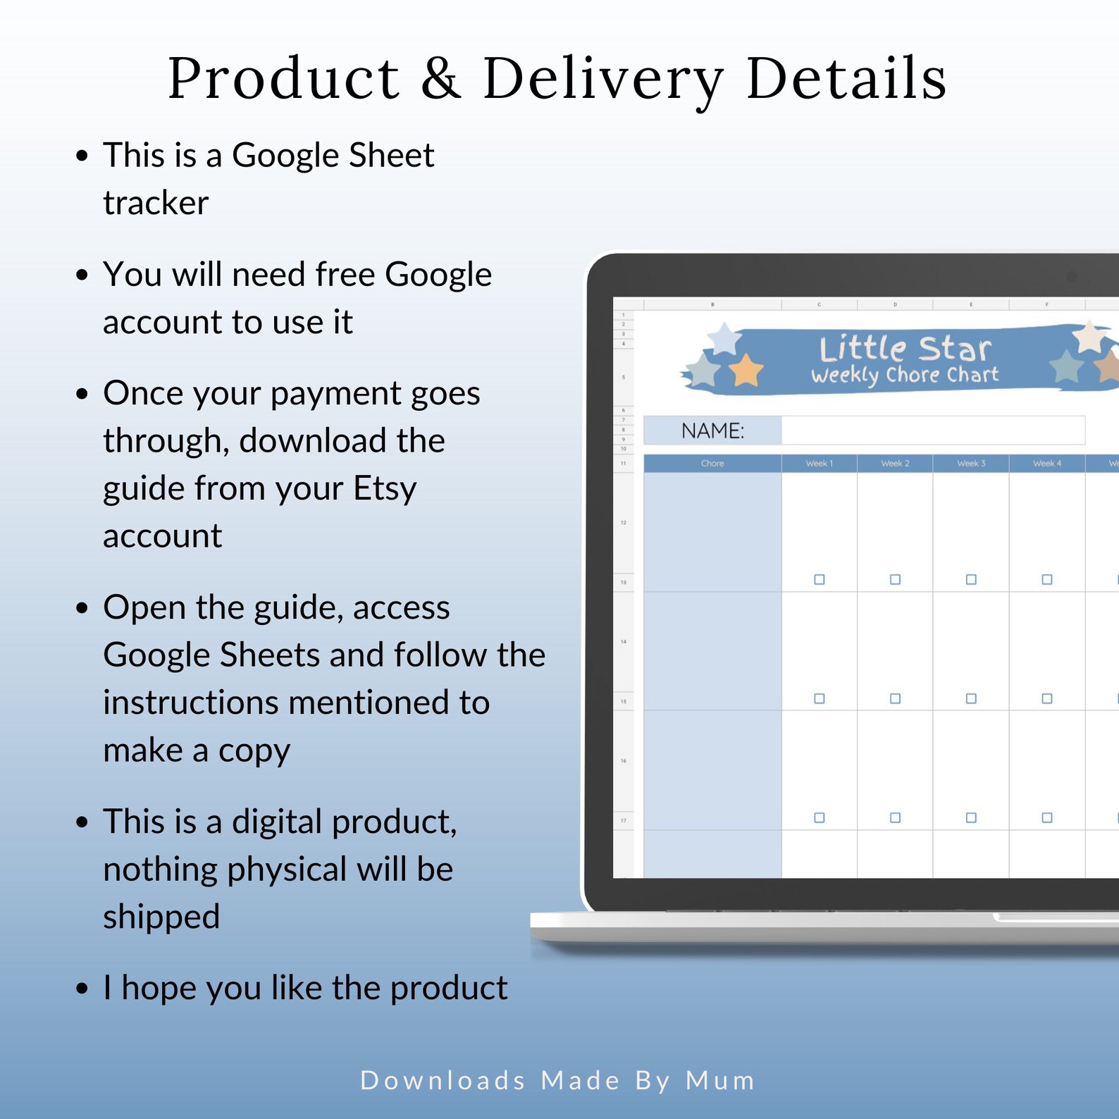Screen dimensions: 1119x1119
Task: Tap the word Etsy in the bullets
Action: point(385,488)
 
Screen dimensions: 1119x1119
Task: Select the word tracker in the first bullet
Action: point(156,203)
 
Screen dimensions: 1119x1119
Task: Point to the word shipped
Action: point(161,917)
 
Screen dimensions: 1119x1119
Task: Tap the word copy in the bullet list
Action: point(254,751)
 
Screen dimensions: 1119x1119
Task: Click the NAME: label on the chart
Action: point(712,431)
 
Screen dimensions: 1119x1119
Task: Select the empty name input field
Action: point(932,431)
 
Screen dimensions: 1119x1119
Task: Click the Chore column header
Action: point(712,464)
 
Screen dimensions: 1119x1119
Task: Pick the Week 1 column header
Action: point(819,464)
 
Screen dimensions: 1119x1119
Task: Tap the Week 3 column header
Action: point(971,464)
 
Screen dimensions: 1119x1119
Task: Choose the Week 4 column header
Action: point(1046,464)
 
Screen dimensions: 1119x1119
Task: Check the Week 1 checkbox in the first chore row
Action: point(820,579)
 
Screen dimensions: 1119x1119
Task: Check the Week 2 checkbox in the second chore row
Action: point(895,698)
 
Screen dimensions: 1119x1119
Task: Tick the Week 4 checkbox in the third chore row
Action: point(1047,817)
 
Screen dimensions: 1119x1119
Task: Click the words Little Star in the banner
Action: point(905,348)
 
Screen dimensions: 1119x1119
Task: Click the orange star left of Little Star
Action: point(746,370)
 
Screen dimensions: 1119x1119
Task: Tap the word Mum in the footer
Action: point(720,1080)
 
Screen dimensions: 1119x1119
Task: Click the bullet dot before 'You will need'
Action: point(82,274)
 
